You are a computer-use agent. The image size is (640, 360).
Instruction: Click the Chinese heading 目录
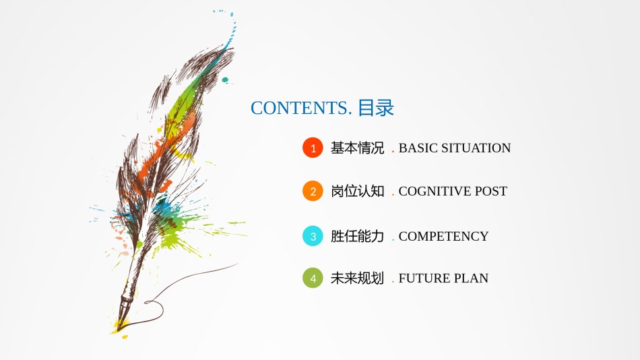tap(375, 108)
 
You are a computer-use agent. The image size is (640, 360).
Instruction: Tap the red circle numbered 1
tap(313, 148)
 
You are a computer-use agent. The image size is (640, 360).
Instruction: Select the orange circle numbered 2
tap(313, 191)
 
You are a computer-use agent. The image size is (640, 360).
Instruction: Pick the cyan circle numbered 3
tap(313, 237)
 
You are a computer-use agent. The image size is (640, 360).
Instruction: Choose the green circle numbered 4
tap(313, 278)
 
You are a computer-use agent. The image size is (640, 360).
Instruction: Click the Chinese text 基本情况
tap(357, 148)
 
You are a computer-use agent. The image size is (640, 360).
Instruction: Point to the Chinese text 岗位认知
tap(357, 191)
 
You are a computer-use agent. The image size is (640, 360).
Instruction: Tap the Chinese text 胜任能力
tap(357, 237)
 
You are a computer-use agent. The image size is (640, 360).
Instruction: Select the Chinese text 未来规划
tap(357, 278)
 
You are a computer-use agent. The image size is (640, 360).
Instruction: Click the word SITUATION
tap(476, 148)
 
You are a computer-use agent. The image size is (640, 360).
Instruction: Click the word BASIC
tap(418, 148)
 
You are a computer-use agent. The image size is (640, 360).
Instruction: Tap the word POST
tap(490, 191)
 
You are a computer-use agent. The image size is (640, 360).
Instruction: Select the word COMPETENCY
tap(443, 237)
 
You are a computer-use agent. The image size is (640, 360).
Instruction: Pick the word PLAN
tap(471, 278)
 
